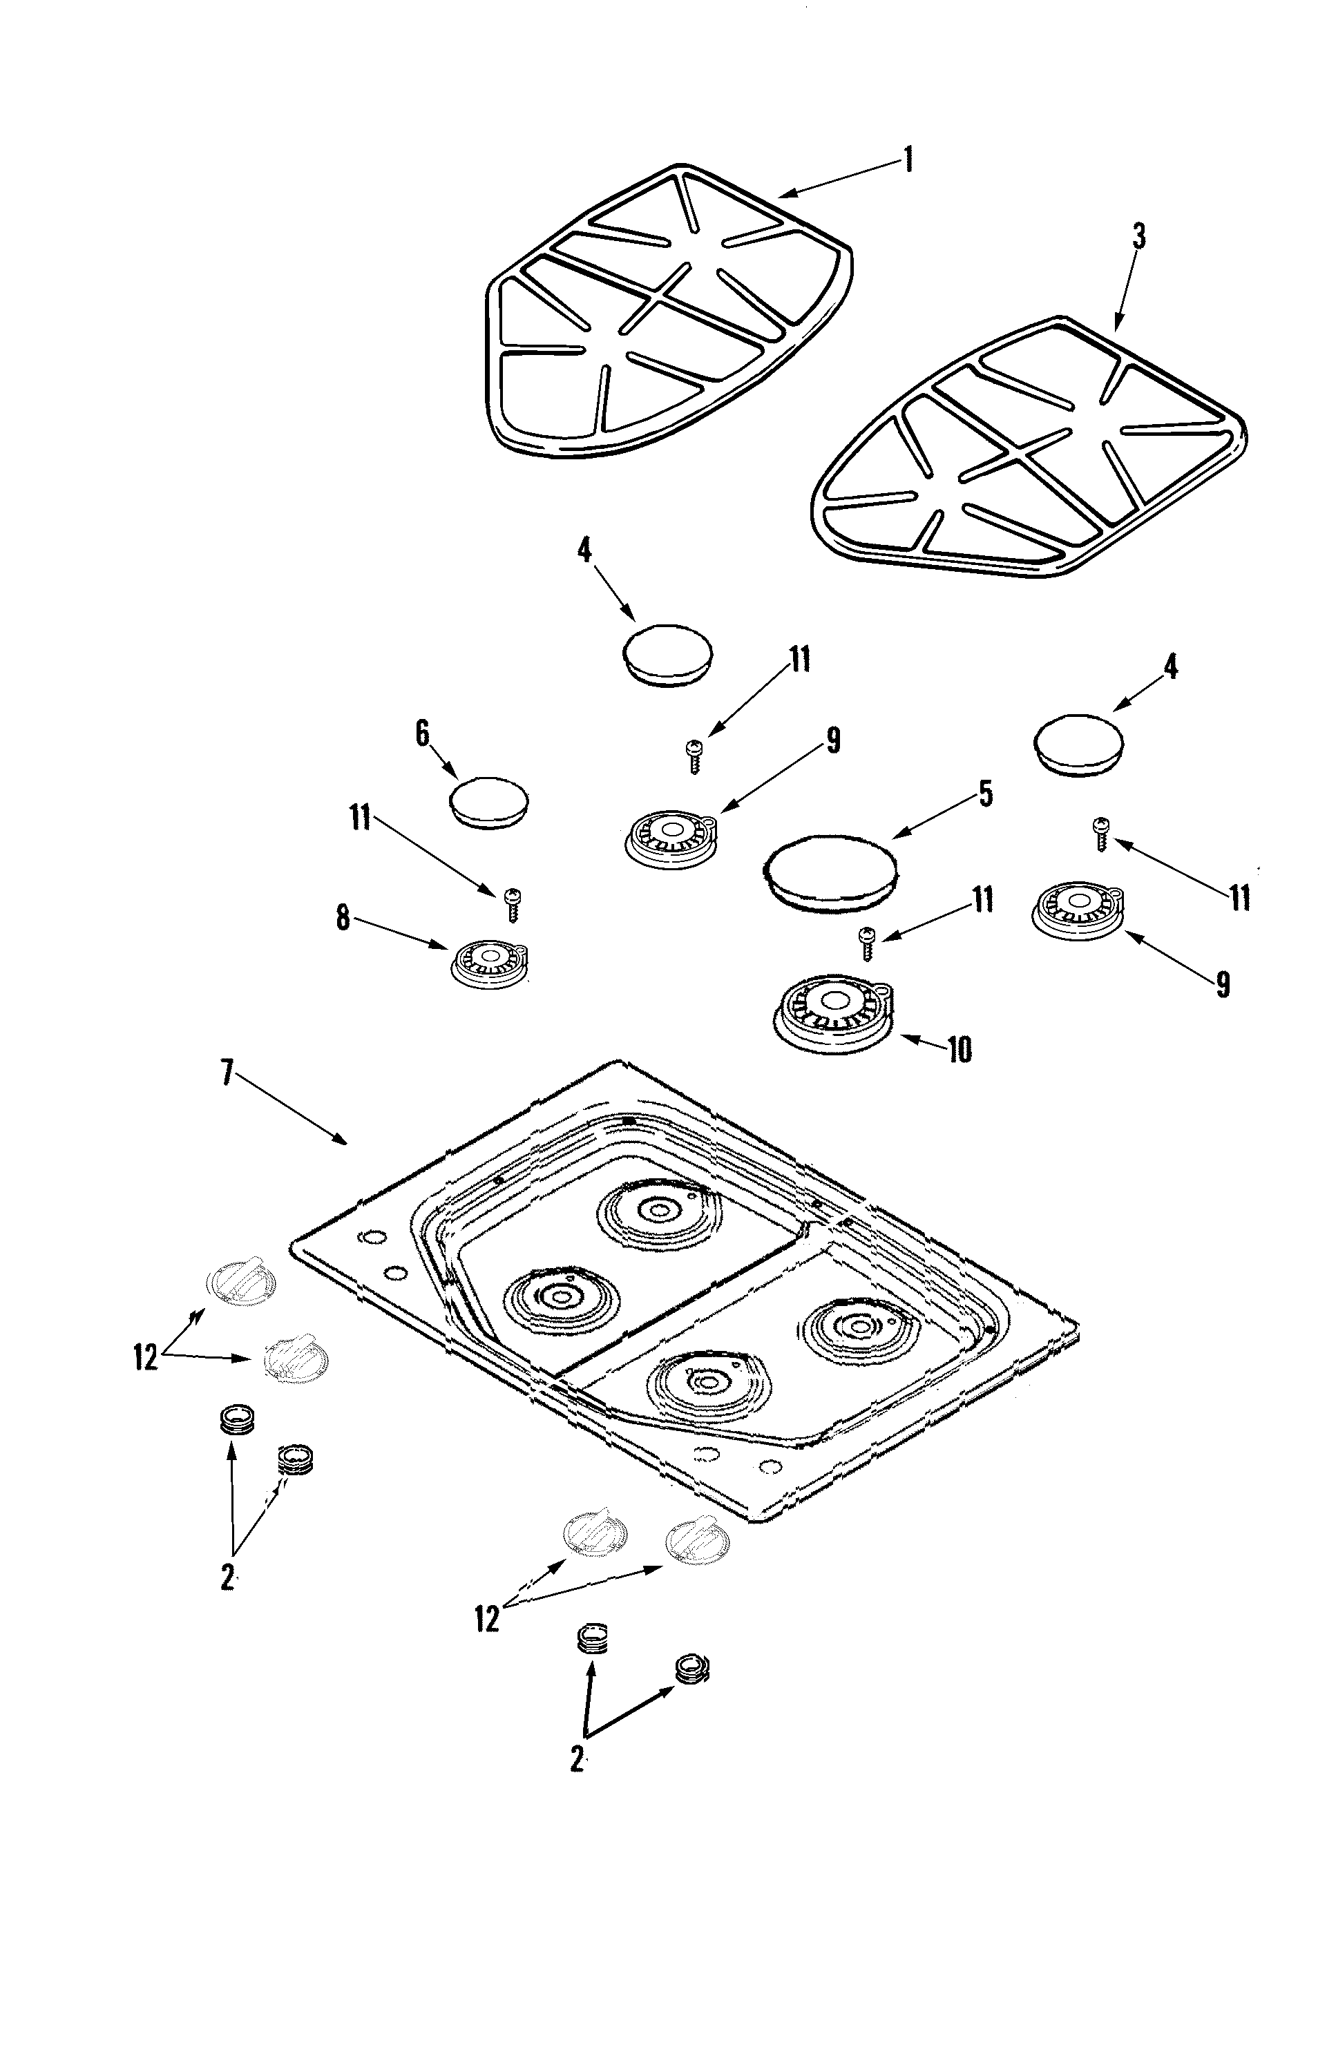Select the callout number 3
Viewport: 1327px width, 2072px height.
coord(1139,236)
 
